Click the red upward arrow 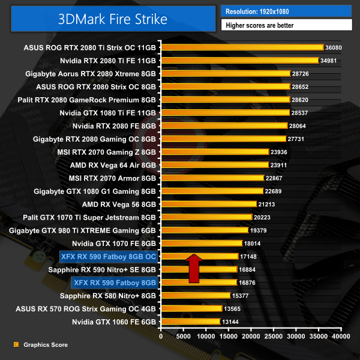[194, 268]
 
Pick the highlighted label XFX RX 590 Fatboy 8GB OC [109, 256]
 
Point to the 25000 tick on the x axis [273, 337]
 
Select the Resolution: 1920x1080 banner [286, 10]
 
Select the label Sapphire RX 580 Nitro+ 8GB [108, 295]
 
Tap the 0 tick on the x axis [161, 337]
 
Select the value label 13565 [235, 308]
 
